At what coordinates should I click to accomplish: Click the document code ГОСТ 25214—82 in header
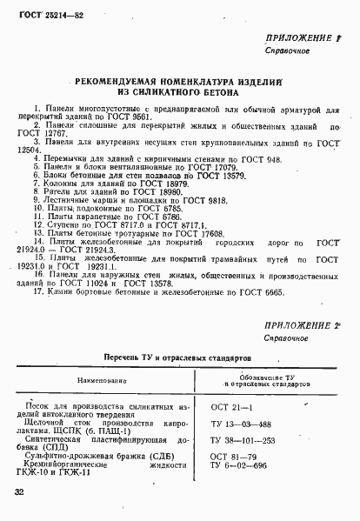[46, 17]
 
